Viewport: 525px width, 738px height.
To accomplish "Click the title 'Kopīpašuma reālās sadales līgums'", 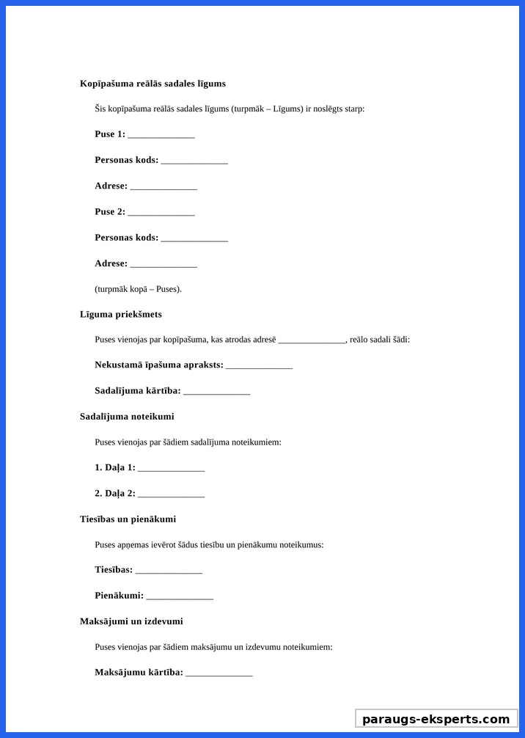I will tap(153, 84).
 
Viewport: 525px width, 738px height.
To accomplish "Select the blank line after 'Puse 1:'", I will tap(161, 135).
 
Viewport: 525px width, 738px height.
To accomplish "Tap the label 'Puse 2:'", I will tap(110, 212).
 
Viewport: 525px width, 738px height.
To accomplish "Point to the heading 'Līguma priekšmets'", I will tap(121, 314).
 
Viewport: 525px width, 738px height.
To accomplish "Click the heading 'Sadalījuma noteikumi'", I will tap(127, 417).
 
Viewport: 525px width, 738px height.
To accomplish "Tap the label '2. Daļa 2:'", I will tap(115, 493).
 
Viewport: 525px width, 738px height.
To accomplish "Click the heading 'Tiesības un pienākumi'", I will tap(128, 519).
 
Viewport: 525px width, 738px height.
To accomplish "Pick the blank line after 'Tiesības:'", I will tap(169, 571).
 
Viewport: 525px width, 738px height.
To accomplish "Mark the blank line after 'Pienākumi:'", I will tap(180, 596).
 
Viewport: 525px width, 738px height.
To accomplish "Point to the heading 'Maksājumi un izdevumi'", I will tap(131, 621).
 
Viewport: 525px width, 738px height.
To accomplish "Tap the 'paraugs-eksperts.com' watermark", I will tap(436, 719).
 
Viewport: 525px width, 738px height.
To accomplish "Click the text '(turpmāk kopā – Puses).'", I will tap(138, 289).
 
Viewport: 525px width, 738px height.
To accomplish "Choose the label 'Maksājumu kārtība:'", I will tap(139, 672).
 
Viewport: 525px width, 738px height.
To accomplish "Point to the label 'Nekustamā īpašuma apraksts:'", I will tap(159, 365).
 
